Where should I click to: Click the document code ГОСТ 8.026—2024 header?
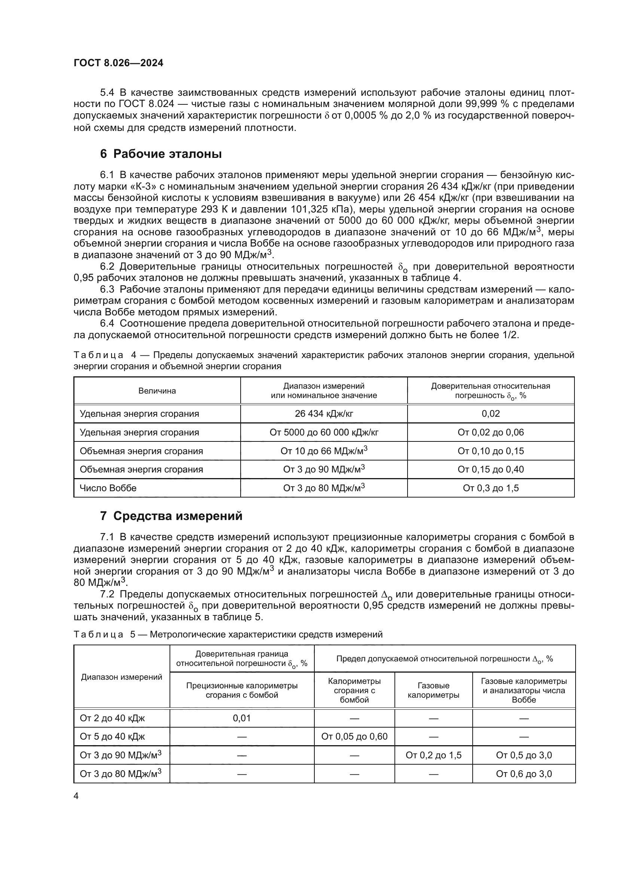coord(118,63)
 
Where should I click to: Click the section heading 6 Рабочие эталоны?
coord(161,154)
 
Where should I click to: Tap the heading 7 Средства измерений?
coord(171,515)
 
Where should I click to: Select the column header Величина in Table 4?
coord(157,391)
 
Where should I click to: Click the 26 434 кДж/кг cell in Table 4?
coord(324,413)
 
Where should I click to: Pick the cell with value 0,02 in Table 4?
coord(491,413)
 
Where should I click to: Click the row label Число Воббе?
coord(108,488)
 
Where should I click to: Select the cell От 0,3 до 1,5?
coord(491,488)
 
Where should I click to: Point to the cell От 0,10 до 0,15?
coord(491,451)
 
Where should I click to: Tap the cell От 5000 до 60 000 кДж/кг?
coord(324,432)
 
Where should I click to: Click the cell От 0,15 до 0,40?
coord(491,469)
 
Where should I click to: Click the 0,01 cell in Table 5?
coord(242,718)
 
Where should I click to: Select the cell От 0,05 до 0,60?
coord(354,736)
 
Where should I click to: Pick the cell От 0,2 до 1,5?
coord(433,755)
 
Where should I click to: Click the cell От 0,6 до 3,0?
coord(524,774)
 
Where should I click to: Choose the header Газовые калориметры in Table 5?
coord(433,690)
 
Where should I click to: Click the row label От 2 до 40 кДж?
coord(112,718)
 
